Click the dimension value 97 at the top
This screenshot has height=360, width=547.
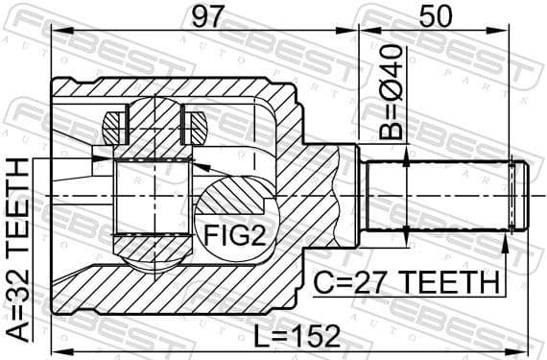point(199,16)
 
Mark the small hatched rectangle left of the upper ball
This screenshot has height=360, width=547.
point(113,123)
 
